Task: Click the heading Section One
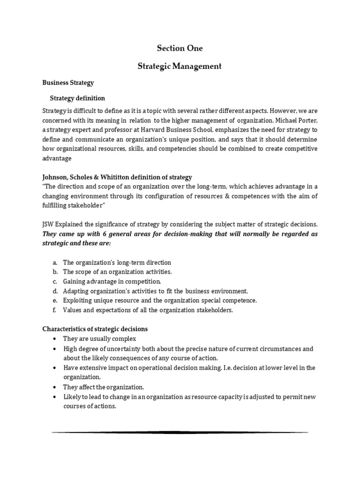pos(180,48)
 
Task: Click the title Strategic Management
pos(180,66)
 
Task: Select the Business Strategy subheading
pos(68,82)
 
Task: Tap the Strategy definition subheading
pos(77,98)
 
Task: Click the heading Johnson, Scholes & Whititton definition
pos(117,177)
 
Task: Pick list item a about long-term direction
pos(117,262)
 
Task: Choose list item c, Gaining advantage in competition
pos(112,281)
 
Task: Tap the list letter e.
pos(54,300)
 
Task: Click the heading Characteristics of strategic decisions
pos(95,329)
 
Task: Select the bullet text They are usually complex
pos(99,339)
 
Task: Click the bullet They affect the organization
pos(104,387)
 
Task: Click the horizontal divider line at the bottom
pos(180,432)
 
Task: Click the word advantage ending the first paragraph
pos(57,158)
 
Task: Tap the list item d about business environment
pos(155,291)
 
